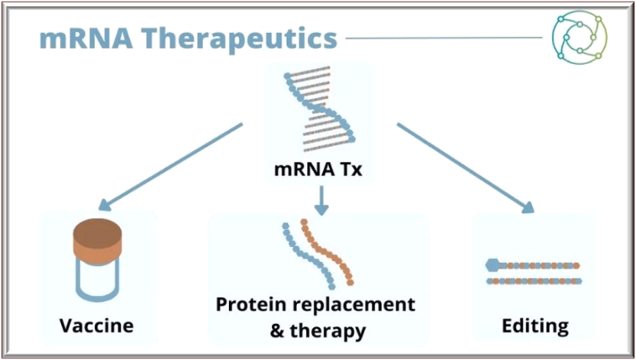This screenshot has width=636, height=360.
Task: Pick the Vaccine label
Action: click(x=97, y=324)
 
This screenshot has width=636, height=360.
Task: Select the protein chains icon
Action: click(x=318, y=253)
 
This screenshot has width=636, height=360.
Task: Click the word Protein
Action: click(x=248, y=302)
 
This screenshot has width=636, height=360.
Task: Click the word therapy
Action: click(x=328, y=330)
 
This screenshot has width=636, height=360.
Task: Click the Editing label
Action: click(x=534, y=324)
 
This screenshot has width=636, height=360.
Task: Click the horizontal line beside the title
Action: click(x=444, y=38)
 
